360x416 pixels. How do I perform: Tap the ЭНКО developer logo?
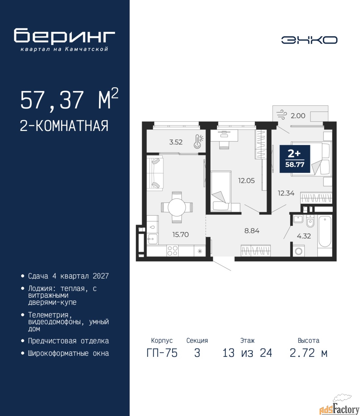[309, 40]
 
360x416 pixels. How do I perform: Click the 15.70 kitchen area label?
[180, 234]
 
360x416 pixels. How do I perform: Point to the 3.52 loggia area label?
[176, 142]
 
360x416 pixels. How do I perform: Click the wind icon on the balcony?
[281, 115]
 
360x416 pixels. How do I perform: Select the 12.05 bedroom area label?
[246, 181]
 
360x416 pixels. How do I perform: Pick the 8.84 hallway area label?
[252, 231]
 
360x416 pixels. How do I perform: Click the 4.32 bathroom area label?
[304, 236]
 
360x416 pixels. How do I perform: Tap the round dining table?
[177, 207]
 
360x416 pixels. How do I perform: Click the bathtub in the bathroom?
[325, 231]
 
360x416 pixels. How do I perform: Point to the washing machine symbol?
[298, 251]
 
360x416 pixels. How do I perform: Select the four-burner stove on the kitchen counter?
[172, 251]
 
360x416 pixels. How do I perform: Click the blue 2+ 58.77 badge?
[295, 159]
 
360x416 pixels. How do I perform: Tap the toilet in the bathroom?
[310, 221]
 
